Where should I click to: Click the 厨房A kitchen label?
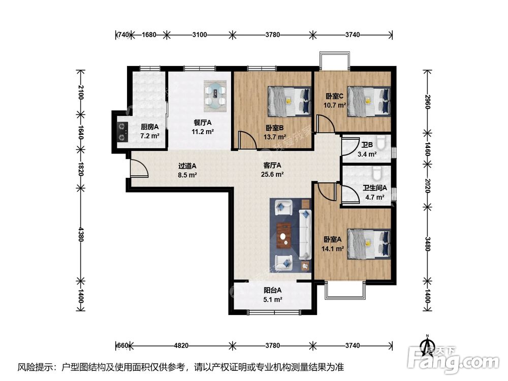149,127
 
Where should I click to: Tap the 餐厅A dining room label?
203,122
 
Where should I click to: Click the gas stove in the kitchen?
122,132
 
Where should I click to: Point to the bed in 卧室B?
289,101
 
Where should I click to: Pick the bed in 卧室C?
369,101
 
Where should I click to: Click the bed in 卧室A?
369,244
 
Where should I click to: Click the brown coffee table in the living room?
284,235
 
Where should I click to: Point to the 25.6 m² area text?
272,174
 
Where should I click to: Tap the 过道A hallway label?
187,166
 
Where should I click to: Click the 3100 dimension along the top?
200,35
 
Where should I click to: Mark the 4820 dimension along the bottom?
181,345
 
